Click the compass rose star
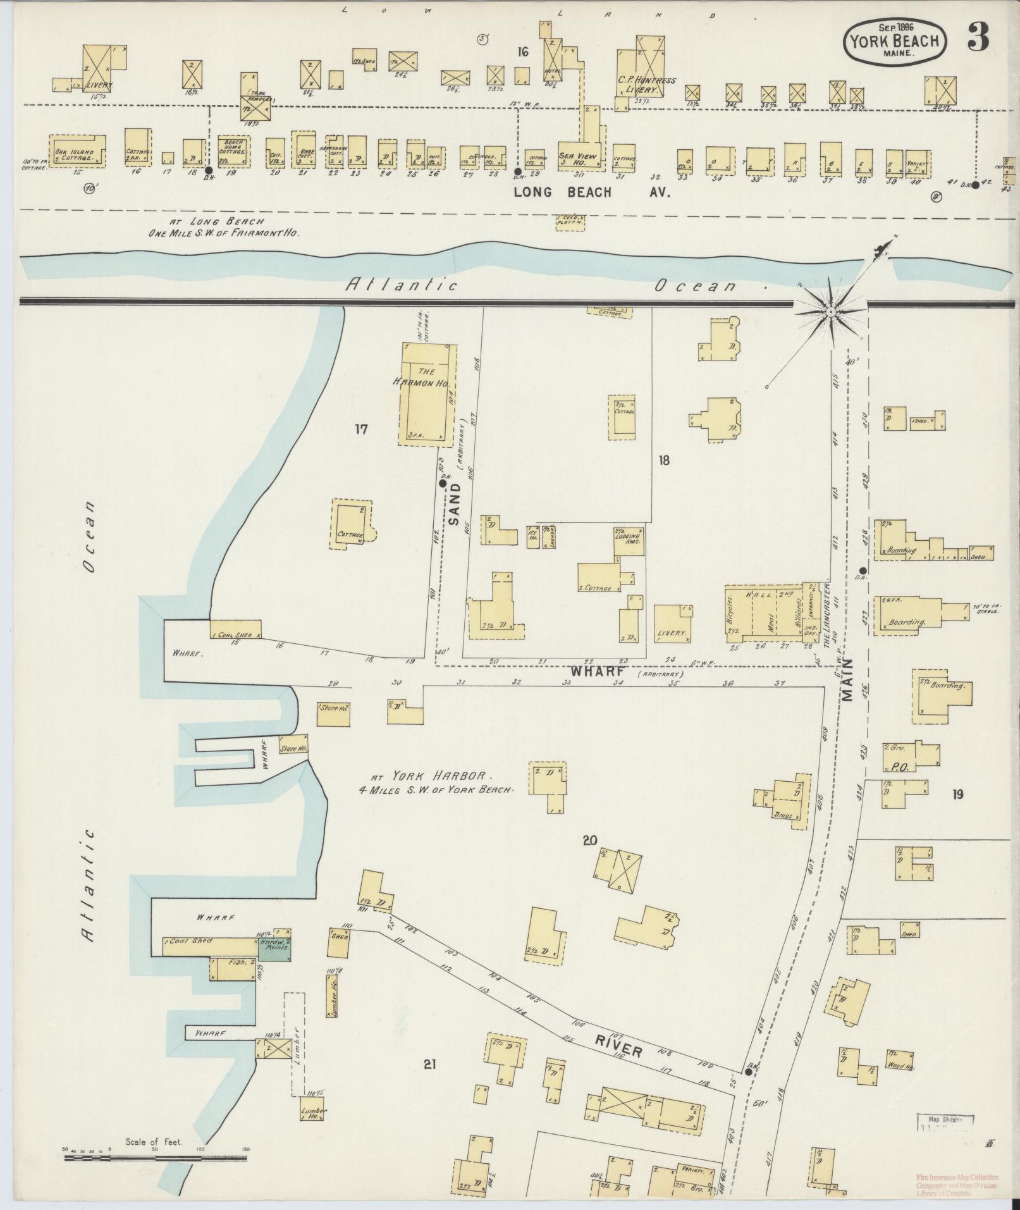[x=830, y=311]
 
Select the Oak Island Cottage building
[x=77, y=150]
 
